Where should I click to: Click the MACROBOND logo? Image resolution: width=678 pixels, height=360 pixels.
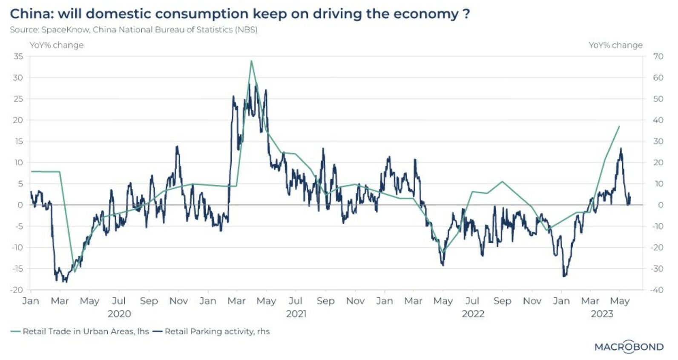coord(629,347)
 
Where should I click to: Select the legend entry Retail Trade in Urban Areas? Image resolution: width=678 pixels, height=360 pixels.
coord(86,331)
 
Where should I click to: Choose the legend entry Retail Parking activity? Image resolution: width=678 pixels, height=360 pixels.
coord(217,331)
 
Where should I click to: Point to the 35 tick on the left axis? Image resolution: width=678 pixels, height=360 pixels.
coord(18,56)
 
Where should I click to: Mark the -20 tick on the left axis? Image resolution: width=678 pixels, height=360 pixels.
coord(17,290)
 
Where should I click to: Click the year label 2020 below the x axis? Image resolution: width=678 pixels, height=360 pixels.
coord(119,314)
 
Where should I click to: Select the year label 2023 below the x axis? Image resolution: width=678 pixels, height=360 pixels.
coord(602,314)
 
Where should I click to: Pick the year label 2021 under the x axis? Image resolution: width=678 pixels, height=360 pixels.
coord(296,314)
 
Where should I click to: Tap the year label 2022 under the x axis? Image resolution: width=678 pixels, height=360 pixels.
coord(473,314)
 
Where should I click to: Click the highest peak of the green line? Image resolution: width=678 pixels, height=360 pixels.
coord(252,61)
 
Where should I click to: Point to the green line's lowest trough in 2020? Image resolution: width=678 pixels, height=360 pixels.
coord(75,271)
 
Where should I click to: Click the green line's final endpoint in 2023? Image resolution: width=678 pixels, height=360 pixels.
coord(619,127)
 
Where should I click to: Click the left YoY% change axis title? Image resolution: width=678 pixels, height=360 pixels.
coord(56,45)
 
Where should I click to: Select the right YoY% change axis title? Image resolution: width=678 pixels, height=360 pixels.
coord(615,45)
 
